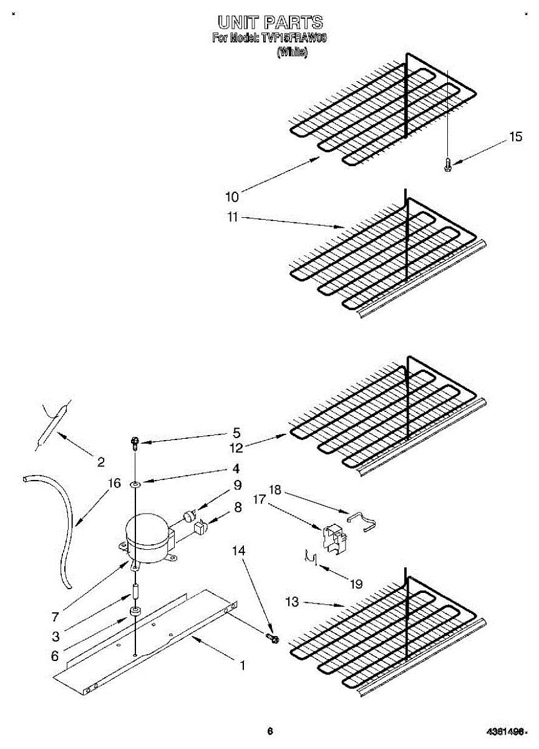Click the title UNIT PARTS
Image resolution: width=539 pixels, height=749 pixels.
point(269,23)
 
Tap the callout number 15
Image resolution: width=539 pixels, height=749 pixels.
point(515,137)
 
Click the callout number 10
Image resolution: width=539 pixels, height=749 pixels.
point(231,197)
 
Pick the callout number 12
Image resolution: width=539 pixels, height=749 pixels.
point(236,447)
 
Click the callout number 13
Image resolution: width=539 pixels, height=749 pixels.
point(291,602)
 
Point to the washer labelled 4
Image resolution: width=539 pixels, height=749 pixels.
point(135,484)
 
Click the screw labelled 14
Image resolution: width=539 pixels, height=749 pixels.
point(273,638)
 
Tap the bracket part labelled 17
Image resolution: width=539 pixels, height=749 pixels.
point(331,537)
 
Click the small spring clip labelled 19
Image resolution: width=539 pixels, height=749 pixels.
point(310,557)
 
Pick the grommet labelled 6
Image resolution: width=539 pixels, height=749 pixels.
point(134,611)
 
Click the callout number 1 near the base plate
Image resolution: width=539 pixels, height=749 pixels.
point(242,666)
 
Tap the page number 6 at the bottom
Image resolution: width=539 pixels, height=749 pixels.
point(269,732)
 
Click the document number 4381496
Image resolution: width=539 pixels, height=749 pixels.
point(503,732)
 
